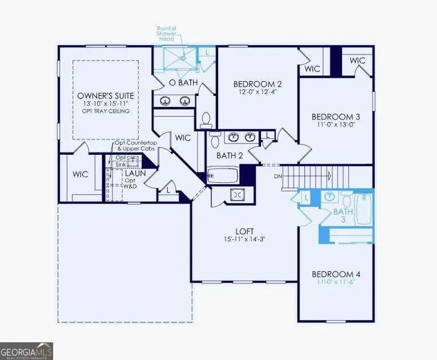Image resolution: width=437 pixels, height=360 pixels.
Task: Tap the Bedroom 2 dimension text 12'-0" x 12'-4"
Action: (x=260, y=91)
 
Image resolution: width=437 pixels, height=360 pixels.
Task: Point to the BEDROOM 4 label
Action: (x=336, y=274)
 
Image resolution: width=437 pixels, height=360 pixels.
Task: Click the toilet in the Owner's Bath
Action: (x=207, y=120)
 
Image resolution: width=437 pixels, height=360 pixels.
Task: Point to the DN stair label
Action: (x=278, y=176)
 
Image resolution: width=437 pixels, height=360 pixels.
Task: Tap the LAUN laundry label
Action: (x=136, y=172)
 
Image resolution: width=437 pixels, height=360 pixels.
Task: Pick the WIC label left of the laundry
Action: (x=81, y=174)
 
